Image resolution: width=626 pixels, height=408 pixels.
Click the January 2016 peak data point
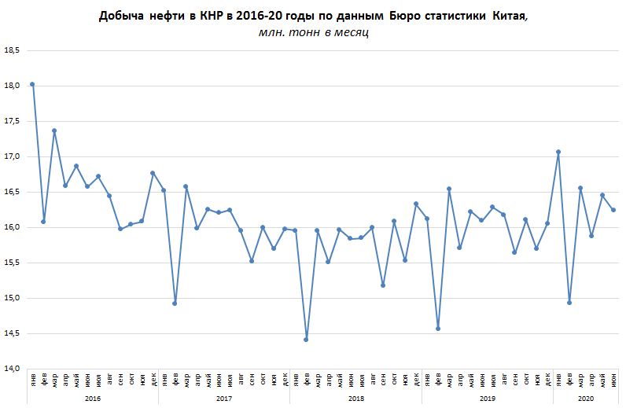32,84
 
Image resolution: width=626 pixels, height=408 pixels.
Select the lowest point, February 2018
306,340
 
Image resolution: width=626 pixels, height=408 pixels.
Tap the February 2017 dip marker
175,303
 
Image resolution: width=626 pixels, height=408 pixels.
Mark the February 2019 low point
438,329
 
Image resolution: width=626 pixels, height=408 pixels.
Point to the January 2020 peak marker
558,152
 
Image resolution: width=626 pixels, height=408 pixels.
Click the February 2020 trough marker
569,303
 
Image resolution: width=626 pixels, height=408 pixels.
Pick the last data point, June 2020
613,210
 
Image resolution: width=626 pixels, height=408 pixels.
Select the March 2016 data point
54,130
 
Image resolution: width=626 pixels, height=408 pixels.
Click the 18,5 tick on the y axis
12,50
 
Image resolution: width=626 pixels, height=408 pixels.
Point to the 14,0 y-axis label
12,369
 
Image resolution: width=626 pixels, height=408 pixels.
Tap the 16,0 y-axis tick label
12,227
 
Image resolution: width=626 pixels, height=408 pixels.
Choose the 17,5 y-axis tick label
12,121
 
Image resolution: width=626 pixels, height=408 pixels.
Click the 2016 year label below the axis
92,398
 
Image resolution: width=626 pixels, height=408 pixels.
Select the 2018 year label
355,398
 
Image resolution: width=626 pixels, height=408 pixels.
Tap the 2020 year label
585,398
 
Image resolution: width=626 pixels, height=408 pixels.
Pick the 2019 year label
487,398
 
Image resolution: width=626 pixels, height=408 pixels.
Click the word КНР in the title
212,16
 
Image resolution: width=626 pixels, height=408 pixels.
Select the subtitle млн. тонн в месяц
313,32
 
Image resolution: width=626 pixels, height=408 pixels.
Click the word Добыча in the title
121,16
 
